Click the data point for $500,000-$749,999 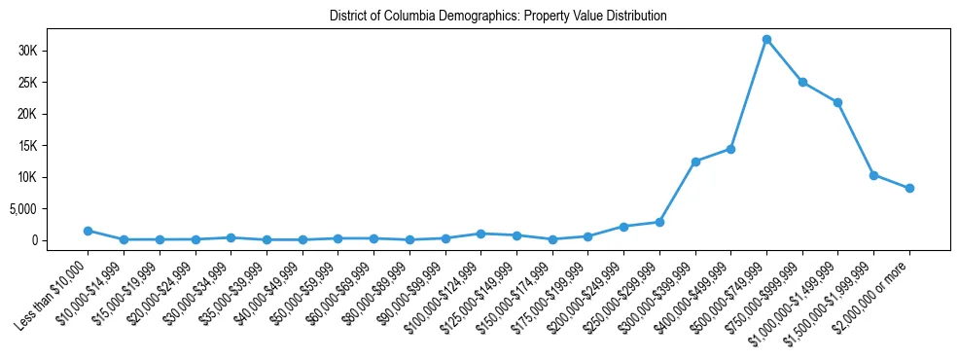tap(766, 39)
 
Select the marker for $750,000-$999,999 tap(802, 82)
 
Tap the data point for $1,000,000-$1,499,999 tap(837, 102)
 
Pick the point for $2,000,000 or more tap(909, 188)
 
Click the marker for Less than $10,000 tap(88, 231)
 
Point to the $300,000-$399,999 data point tap(695, 162)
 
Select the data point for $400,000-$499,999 tap(730, 149)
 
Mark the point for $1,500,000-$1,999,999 tap(873, 175)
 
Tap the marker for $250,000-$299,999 tap(659, 222)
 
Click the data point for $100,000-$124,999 tap(480, 234)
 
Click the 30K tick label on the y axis tap(53, 51)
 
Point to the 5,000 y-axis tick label tap(48, 208)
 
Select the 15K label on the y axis tap(53, 146)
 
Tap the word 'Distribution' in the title tap(633, 17)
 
